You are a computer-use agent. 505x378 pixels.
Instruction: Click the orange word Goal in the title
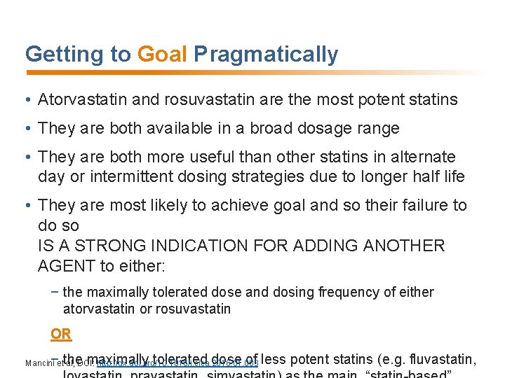coord(162,55)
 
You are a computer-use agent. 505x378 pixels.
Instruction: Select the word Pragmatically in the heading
coord(266,55)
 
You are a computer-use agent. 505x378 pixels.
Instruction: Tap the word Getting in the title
coord(60,55)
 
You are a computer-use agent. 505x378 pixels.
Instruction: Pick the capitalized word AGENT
coord(67,266)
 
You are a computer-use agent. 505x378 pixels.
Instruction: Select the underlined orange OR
coord(61,334)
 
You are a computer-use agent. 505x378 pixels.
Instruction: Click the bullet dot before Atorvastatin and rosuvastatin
coord(28,100)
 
